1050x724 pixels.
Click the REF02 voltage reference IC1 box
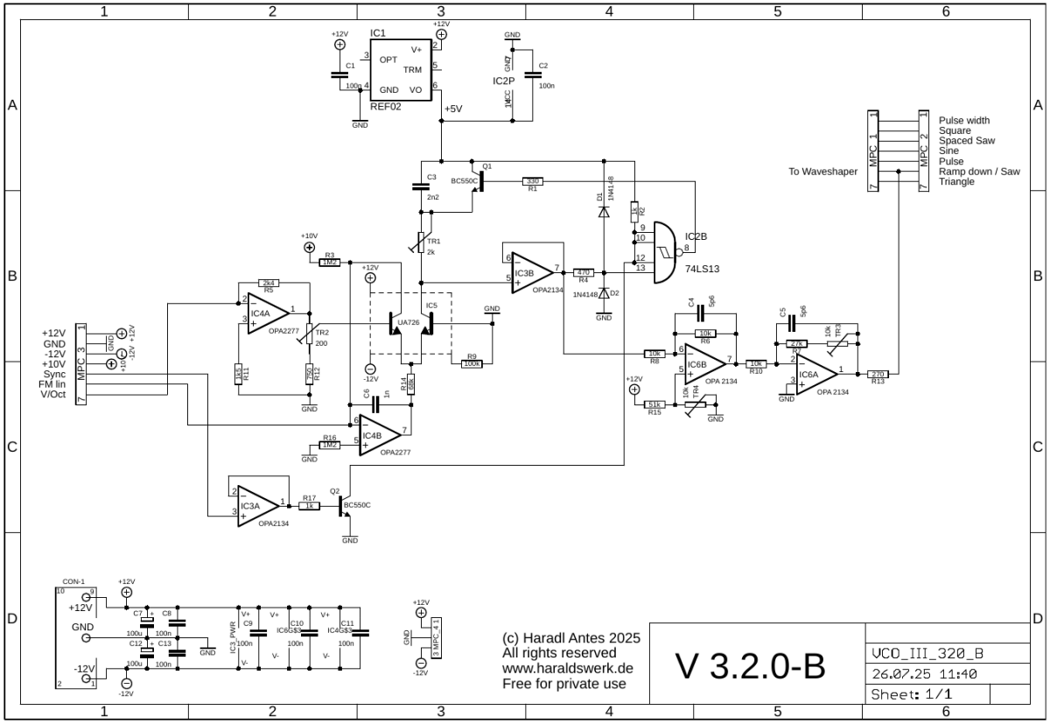tap(399, 69)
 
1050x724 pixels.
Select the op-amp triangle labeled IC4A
tap(266, 313)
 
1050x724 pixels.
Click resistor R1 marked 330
tap(532, 181)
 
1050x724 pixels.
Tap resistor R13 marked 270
tap(878, 374)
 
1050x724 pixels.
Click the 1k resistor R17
tap(309, 506)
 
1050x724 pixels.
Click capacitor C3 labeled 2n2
tap(421, 186)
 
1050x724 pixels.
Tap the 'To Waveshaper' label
tap(822, 172)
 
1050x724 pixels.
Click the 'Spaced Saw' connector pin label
tap(966, 141)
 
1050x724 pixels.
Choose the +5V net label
tap(454, 109)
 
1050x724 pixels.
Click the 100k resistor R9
tap(472, 362)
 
